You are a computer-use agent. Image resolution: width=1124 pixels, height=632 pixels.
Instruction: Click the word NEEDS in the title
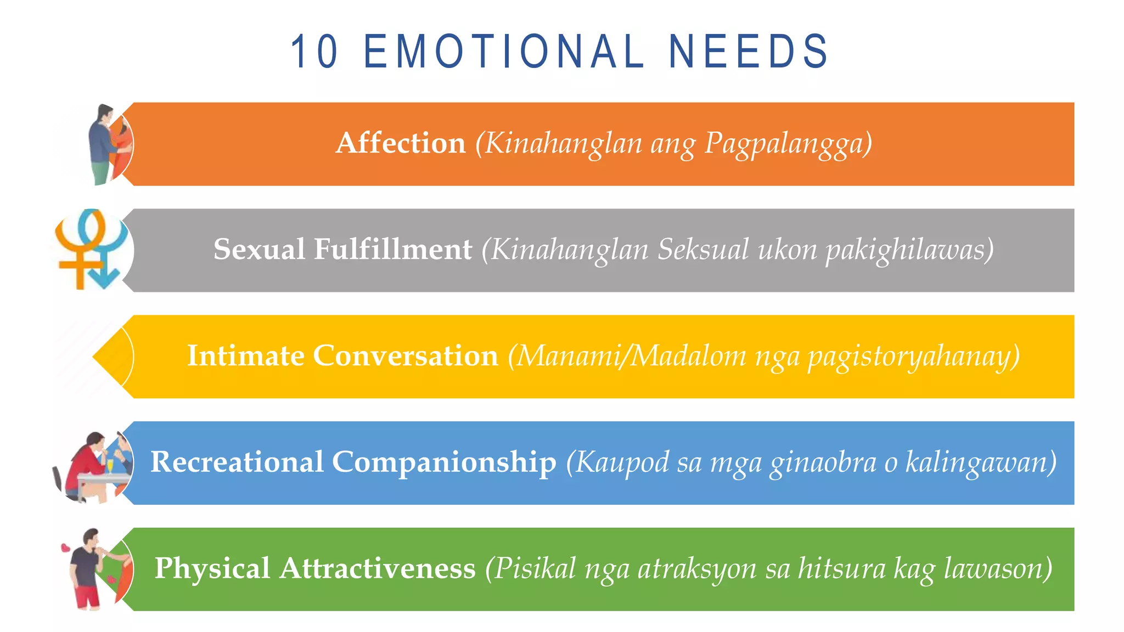tap(748, 52)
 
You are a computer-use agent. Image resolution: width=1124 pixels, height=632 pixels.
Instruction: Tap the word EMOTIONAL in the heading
tap(503, 52)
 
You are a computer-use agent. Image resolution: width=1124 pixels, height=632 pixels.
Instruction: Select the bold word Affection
tap(401, 143)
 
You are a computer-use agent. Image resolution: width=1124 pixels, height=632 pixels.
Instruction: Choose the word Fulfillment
tap(392, 250)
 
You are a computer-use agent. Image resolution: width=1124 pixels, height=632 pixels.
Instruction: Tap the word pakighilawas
tap(909, 250)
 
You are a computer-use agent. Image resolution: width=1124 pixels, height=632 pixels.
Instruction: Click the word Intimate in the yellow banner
tap(245, 356)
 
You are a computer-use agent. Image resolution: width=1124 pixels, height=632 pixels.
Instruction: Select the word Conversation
tap(405, 356)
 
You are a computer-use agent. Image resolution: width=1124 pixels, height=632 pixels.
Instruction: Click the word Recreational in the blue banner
tap(237, 462)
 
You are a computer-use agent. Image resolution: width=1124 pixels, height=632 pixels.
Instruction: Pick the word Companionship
tap(443, 462)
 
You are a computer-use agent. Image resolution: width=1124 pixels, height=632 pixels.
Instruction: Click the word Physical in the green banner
tap(212, 568)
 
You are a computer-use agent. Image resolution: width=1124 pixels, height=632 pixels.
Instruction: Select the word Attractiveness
tap(378, 568)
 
